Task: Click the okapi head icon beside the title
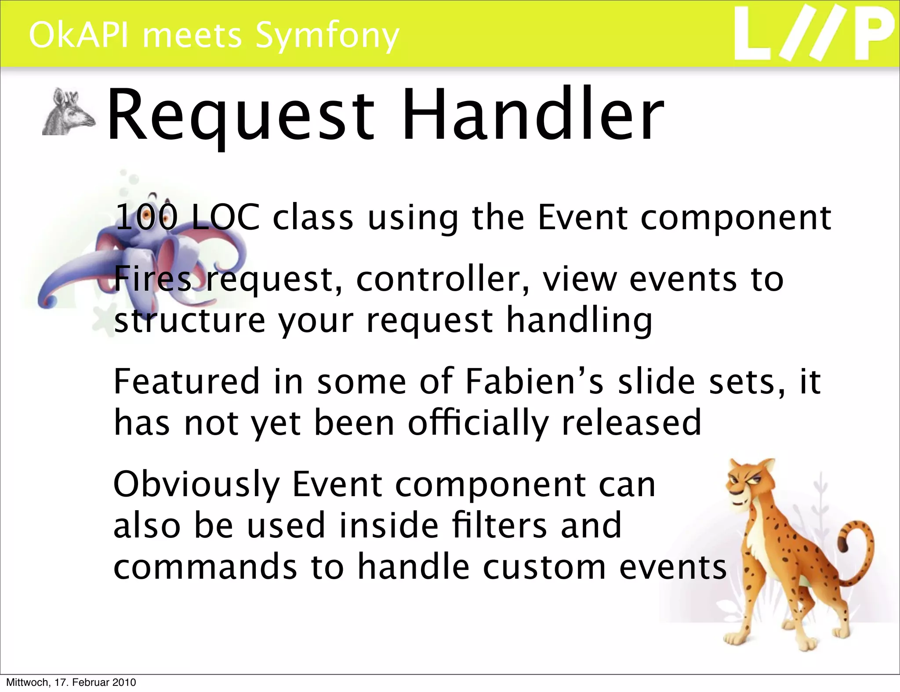(x=68, y=112)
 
